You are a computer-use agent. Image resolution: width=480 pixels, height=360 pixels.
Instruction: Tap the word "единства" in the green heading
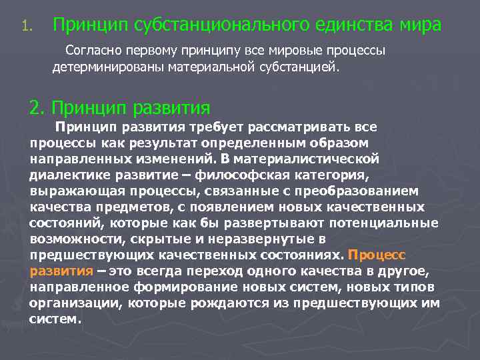pyautogui.click(x=357, y=25)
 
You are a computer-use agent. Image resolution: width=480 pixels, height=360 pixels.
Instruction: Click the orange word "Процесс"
pyautogui.click(x=377, y=255)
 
